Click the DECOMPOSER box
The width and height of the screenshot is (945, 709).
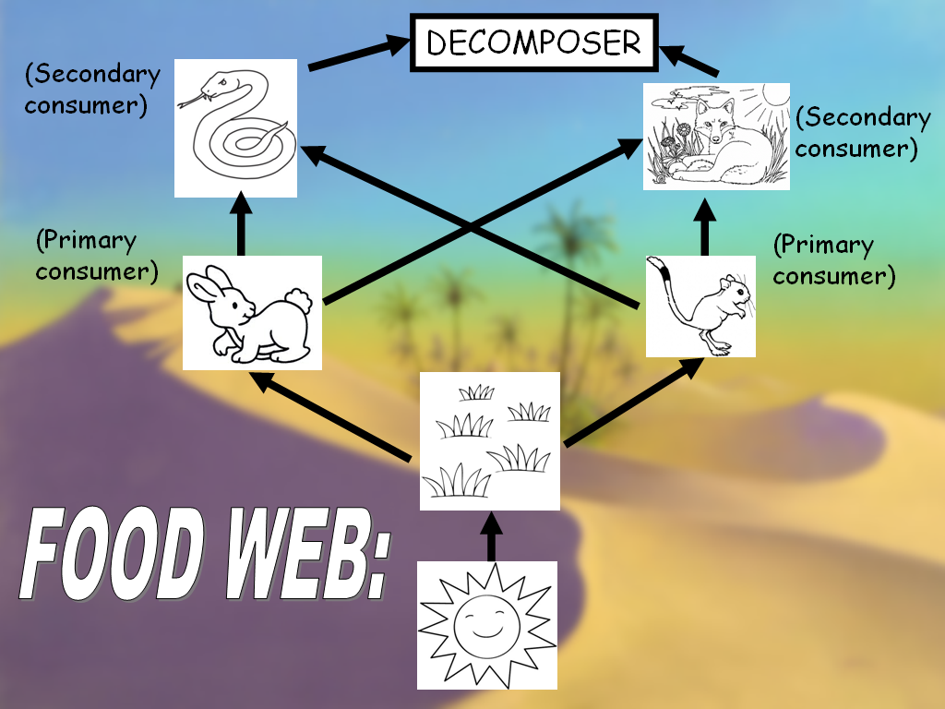click(533, 42)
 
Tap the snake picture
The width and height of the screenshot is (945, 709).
click(235, 127)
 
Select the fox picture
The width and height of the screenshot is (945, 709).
click(716, 137)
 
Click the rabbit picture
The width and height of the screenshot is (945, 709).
click(252, 313)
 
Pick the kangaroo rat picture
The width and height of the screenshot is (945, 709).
click(700, 306)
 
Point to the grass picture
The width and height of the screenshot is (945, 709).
click(490, 441)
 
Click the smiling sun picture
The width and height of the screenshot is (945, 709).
click(487, 625)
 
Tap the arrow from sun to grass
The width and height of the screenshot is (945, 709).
click(491, 536)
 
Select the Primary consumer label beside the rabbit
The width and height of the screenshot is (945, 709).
click(96, 257)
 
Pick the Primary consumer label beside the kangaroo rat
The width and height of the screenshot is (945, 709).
click(833, 260)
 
